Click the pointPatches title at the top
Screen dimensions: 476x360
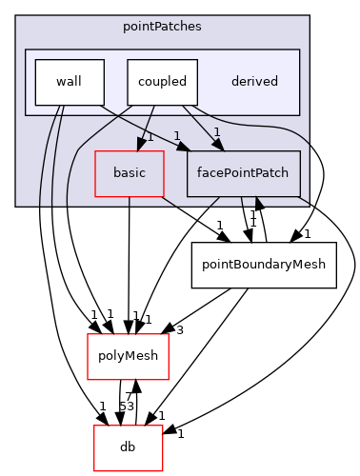point(161,26)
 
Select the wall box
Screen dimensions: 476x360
point(69,82)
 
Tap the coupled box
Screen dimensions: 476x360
point(162,82)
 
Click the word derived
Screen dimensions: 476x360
point(254,82)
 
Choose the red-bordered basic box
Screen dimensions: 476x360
point(129,173)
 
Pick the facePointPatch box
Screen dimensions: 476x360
point(243,173)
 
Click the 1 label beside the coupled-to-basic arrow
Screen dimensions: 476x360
point(150,137)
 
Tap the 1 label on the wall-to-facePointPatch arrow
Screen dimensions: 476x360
point(176,135)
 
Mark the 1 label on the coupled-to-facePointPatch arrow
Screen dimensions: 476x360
point(216,131)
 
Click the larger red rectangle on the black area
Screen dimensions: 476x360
point(128,356)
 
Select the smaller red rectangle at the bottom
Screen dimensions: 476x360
point(128,447)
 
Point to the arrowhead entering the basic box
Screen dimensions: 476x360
point(140,145)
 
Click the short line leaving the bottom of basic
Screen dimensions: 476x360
point(130,201)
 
